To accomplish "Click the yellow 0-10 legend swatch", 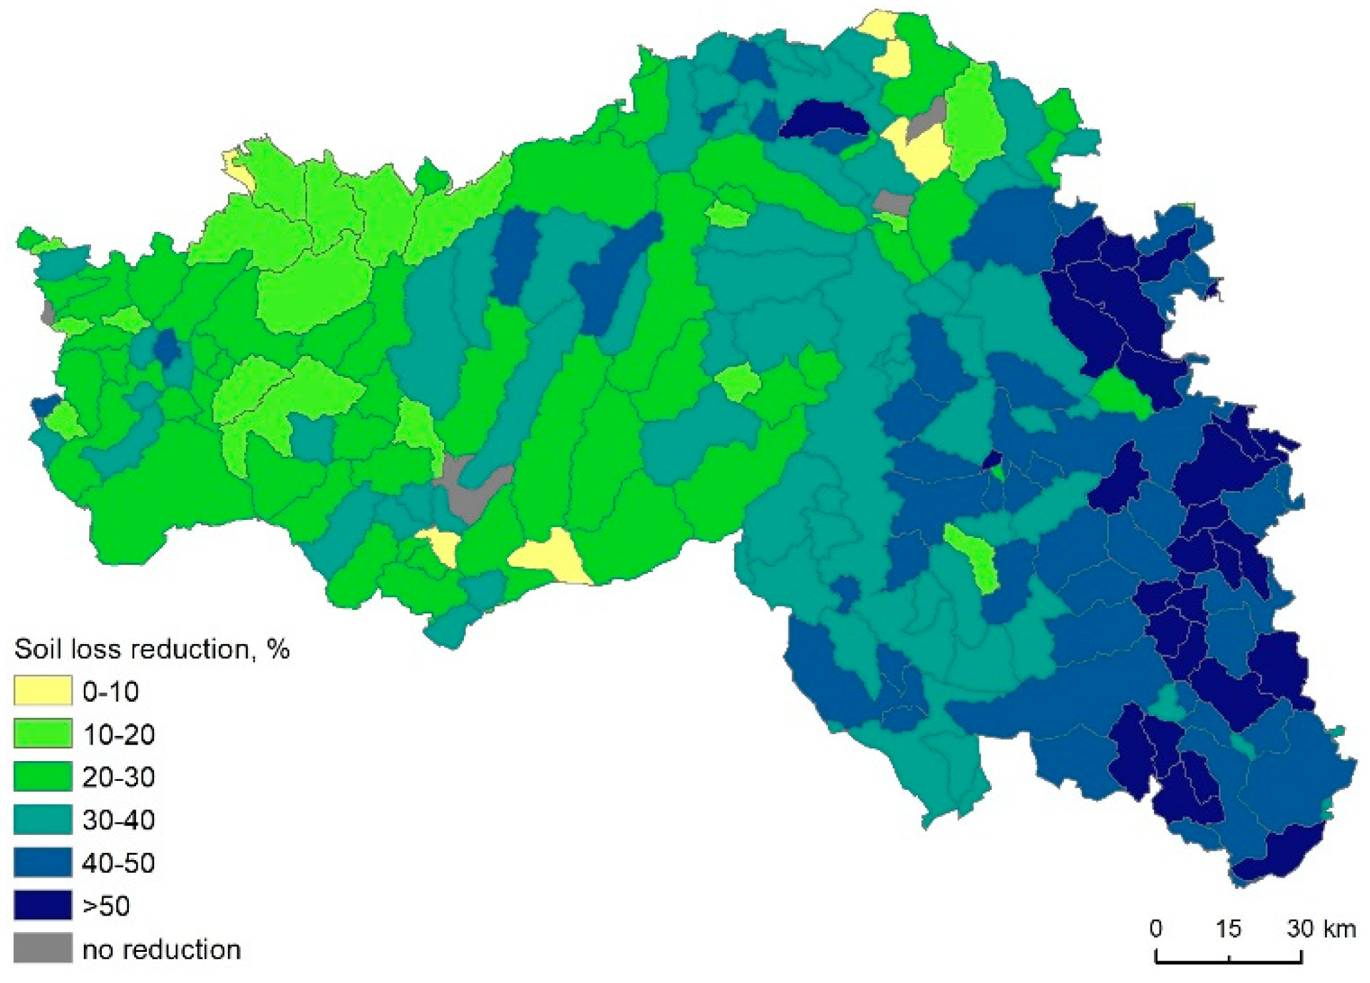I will (42, 690).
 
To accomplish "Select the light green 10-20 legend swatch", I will (42, 733).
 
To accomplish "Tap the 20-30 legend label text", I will (118, 777).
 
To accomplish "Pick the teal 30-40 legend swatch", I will (42, 819).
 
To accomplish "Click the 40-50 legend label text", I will (118, 863).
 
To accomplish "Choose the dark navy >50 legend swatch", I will (42, 905).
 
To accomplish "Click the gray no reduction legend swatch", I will (42, 948).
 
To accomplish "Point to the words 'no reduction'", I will (161, 949).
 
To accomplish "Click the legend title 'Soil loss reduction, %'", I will (151, 649).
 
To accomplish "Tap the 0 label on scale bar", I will (1155, 928).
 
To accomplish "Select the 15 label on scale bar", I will (1228, 928).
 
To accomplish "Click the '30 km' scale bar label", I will (1320, 928).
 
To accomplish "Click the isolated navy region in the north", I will (823, 119).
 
